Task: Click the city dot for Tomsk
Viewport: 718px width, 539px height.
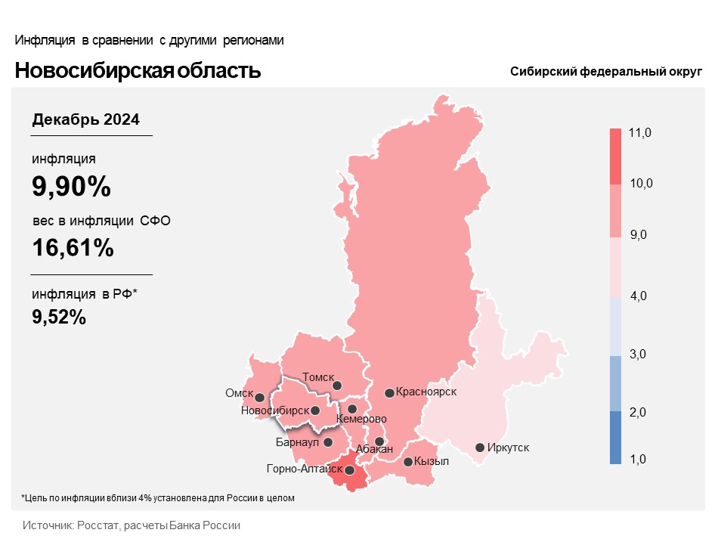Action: pos(338,386)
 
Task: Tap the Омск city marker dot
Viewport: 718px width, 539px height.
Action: pos(259,397)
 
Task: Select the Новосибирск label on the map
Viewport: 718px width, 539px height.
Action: pos(274,410)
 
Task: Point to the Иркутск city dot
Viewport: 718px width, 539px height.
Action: pos(479,448)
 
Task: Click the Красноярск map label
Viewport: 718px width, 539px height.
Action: pos(426,392)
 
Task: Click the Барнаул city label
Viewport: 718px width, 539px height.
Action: pos(299,442)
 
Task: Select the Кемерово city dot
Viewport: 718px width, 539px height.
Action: pos(352,409)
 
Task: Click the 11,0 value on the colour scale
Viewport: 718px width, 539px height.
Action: pos(639,133)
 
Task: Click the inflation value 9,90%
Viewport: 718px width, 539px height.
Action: pos(71,185)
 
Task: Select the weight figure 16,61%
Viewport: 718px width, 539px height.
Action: pos(73,247)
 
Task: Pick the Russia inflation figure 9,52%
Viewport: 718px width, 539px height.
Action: pos(59,317)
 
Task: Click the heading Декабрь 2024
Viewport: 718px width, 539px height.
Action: pos(85,119)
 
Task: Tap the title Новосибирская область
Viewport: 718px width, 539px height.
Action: pos(138,71)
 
